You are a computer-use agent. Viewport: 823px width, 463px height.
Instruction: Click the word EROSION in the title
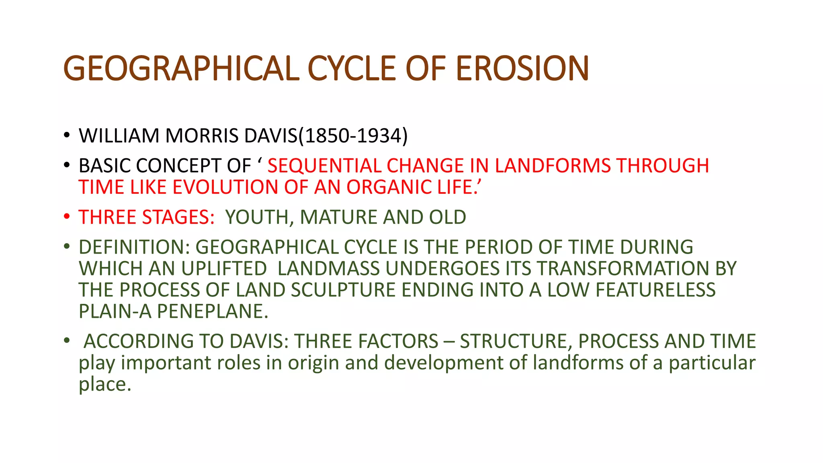click(522, 68)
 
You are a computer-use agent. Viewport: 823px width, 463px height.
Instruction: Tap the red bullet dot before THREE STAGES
click(67, 217)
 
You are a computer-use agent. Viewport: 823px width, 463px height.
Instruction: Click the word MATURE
click(338, 217)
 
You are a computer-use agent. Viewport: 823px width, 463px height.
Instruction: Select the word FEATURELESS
click(655, 290)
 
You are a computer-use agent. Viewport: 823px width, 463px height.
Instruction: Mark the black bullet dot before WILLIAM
click(67, 135)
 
